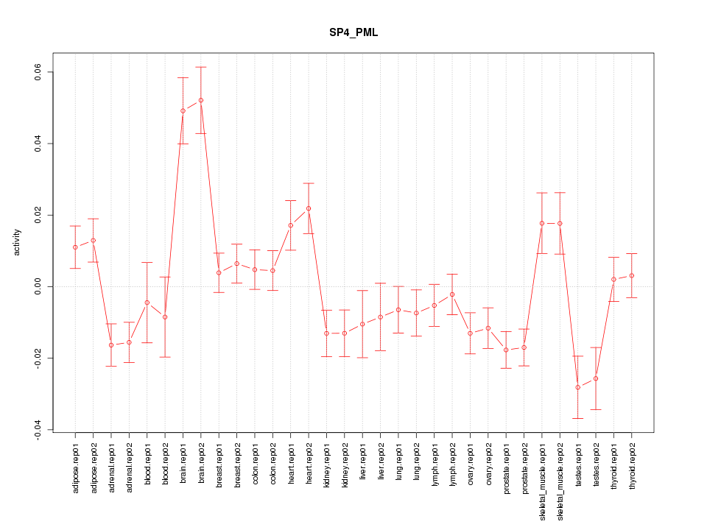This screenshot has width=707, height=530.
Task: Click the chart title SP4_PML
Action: tap(353, 33)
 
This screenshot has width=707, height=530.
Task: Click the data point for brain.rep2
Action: tap(201, 100)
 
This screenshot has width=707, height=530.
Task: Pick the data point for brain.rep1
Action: tap(183, 110)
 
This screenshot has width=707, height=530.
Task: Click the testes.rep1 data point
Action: tap(578, 387)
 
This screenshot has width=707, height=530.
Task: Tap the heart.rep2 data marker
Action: tap(309, 208)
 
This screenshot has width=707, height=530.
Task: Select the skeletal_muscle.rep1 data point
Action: tap(542, 223)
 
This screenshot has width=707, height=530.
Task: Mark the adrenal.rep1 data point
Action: tap(111, 344)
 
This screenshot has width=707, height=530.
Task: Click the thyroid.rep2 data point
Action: tap(632, 275)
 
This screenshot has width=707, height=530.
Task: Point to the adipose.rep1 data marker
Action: tap(75, 247)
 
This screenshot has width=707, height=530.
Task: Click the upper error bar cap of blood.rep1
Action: tap(147, 262)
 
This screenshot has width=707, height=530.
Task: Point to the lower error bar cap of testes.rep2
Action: tap(596, 409)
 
